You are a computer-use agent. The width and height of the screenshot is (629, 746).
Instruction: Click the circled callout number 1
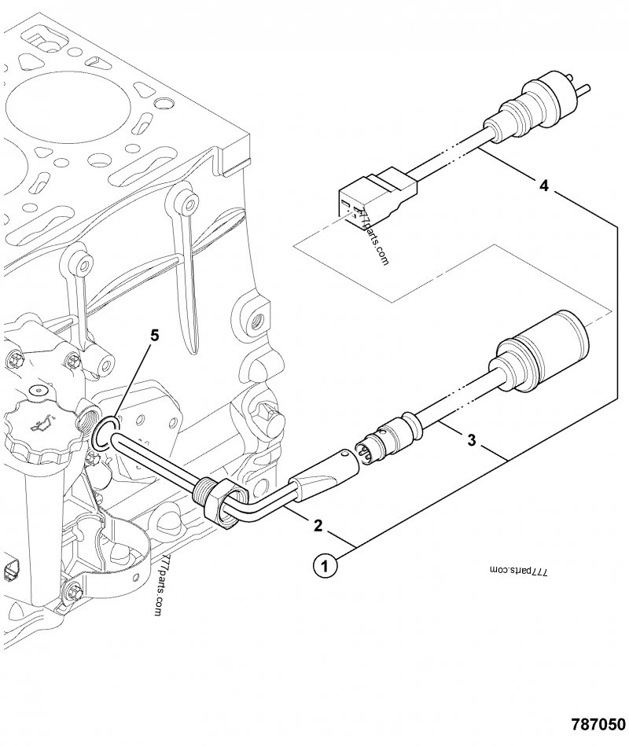325,567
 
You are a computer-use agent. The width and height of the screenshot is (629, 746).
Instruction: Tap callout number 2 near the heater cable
318,526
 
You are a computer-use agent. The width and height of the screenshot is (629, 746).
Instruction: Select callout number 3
471,440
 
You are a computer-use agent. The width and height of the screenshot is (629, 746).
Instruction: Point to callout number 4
544,185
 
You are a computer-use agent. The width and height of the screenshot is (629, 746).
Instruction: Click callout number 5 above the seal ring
154,336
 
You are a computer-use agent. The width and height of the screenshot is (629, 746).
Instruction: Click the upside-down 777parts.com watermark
518,571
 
